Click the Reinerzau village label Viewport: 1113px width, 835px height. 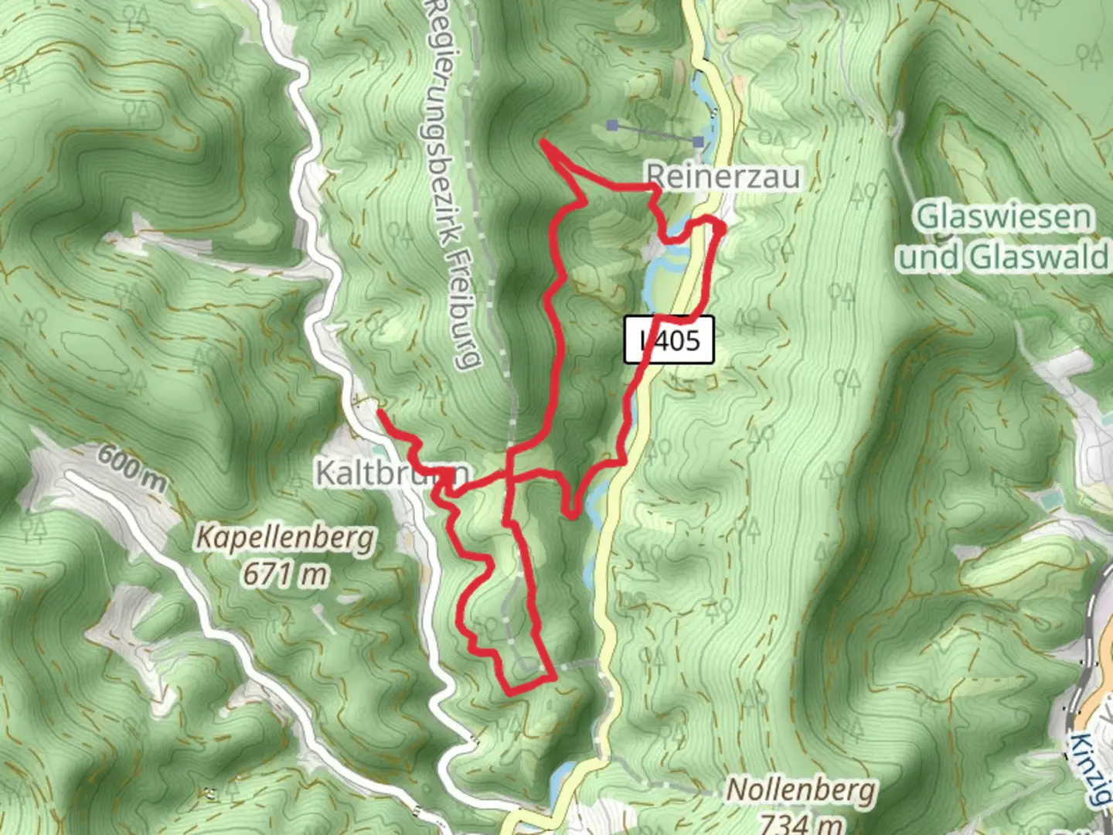click(723, 176)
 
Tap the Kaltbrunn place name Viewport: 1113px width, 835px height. click(393, 472)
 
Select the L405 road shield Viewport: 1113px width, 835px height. click(669, 340)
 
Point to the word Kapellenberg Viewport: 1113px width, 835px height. click(284, 537)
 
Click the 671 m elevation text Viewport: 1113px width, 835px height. click(284, 574)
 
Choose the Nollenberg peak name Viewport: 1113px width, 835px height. click(801, 790)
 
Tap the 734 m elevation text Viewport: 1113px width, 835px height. click(801, 823)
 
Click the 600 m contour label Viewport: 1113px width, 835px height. click(131, 466)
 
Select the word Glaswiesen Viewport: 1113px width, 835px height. click(1004, 216)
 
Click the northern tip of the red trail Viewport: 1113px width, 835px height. click(543, 141)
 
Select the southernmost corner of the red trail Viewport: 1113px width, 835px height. click(508, 693)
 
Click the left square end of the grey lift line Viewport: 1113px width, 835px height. click(612, 124)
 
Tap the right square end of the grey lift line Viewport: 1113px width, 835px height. click(699, 141)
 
